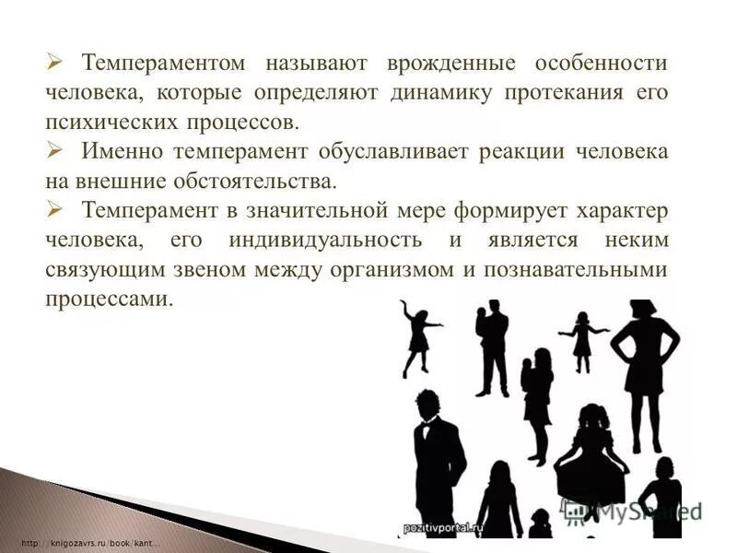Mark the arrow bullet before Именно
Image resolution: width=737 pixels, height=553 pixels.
tap(54, 150)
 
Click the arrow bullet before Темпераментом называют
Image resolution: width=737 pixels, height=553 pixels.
tap(54, 62)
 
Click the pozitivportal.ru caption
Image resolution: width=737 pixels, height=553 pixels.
tap(443, 528)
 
